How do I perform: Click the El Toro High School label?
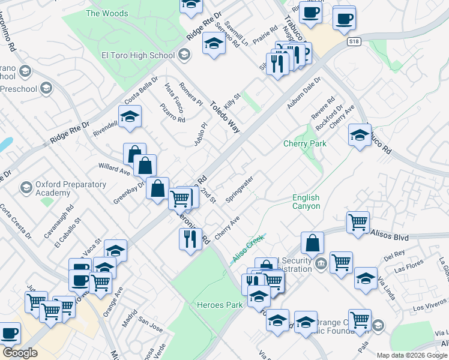point(137,56)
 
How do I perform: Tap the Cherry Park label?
point(305,144)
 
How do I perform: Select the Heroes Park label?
point(220,305)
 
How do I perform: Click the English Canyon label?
point(306,202)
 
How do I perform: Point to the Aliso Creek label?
point(249,248)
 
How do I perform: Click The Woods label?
point(107,13)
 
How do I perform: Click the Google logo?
point(20,353)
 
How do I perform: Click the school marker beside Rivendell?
point(129,117)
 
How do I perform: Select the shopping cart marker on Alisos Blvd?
point(358,222)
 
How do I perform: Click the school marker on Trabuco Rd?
point(359,135)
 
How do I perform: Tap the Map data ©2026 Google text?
point(412,355)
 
